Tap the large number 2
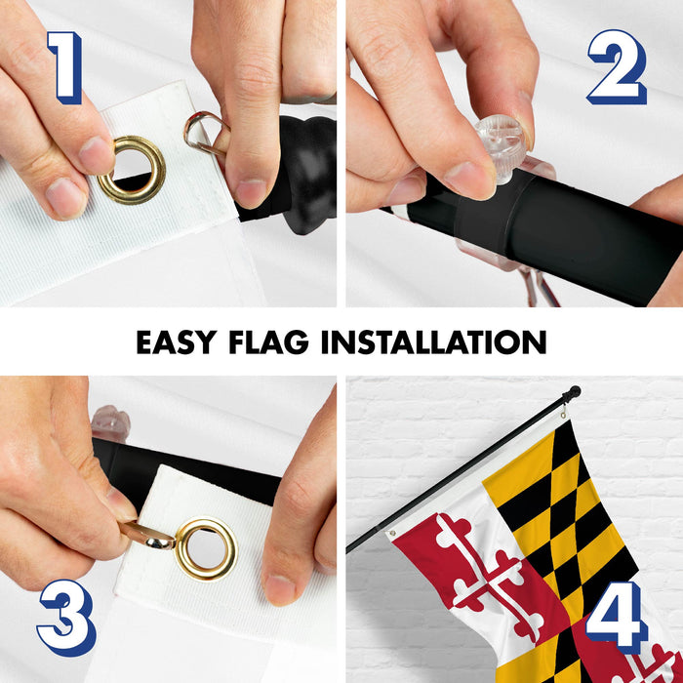pyautogui.click(x=618, y=67)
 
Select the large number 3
pyautogui.click(x=66, y=618)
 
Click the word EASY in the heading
pyautogui.click(x=177, y=341)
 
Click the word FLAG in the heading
pyautogui.click(x=268, y=341)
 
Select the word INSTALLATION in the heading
pyautogui.click(x=434, y=341)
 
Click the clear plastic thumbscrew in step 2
pyautogui.click(x=501, y=146)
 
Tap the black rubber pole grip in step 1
pyautogui.click(x=304, y=175)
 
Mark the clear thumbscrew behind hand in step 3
pyautogui.click(x=110, y=423)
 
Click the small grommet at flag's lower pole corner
pyautogui.click(x=392, y=533)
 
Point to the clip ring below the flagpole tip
pyautogui.click(x=564, y=412)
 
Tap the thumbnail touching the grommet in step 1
pyautogui.click(x=96, y=155)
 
